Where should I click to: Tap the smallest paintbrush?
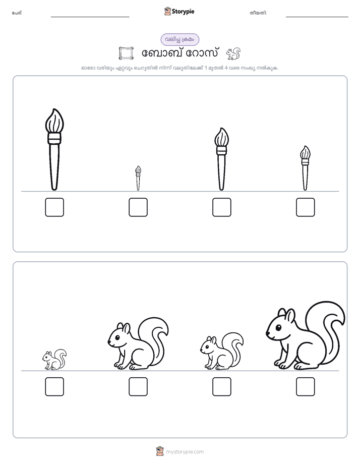tap(138, 179)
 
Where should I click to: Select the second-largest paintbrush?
tap(221, 159)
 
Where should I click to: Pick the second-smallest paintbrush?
tap(305, 168)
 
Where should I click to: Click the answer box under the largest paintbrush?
tap(54, 207)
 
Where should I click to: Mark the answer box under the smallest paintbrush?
tap(138, 207)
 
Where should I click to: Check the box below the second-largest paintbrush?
tap(221, 207)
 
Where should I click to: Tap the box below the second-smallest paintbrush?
tap(306, 207)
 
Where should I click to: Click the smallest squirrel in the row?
tap(54, 360)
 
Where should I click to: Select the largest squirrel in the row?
tap(306, 336)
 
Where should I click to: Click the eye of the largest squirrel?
tap(278, 328)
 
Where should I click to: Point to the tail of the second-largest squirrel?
tap(156, 336)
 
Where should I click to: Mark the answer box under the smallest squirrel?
tap(54, 387)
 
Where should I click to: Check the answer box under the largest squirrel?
tap(306, 387)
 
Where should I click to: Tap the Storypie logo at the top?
tap(179, 11)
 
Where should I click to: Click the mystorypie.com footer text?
tap(185, 452)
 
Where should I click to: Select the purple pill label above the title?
tap(180, 39)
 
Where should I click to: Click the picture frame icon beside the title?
tap(126, 53)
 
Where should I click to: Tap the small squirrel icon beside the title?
tap(233, 54)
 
